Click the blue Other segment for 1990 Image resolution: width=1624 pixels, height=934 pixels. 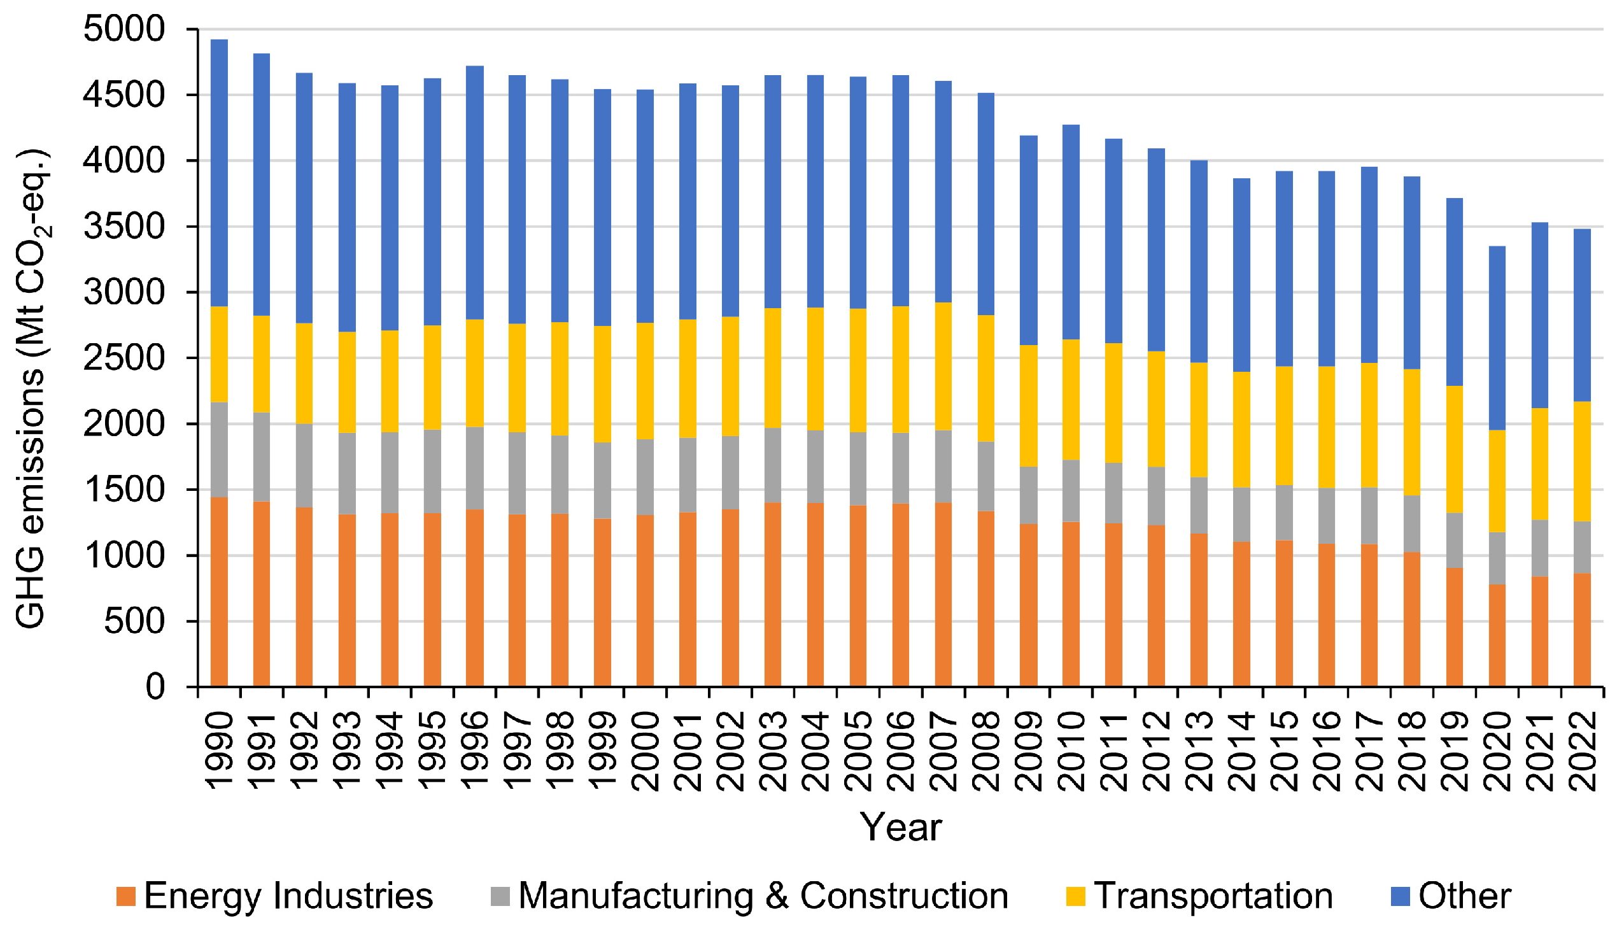[220, 173]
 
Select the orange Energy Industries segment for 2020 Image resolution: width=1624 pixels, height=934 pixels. [1497, 635]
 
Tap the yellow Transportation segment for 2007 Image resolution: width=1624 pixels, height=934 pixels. [943, 365]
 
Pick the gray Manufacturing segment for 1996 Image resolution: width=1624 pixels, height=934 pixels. [475, 469]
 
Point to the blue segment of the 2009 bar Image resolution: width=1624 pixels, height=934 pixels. [1028, 241]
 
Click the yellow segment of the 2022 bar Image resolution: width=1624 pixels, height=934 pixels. [1582, 461]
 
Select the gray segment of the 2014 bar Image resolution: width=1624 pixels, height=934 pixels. [1241, 514]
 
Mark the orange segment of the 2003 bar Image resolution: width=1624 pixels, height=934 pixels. [773, 594]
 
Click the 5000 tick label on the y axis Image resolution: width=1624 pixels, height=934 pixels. [124, 29]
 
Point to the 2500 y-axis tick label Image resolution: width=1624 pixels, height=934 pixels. [124, 358]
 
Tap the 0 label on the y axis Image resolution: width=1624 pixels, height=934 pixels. [155, 687]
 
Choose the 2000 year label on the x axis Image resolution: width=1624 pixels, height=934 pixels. [646, 751]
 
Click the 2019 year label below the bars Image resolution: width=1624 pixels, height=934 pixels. [1455, 751]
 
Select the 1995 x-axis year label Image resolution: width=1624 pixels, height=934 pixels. [432, 751]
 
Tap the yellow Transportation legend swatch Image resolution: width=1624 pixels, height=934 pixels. [1076, 897]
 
